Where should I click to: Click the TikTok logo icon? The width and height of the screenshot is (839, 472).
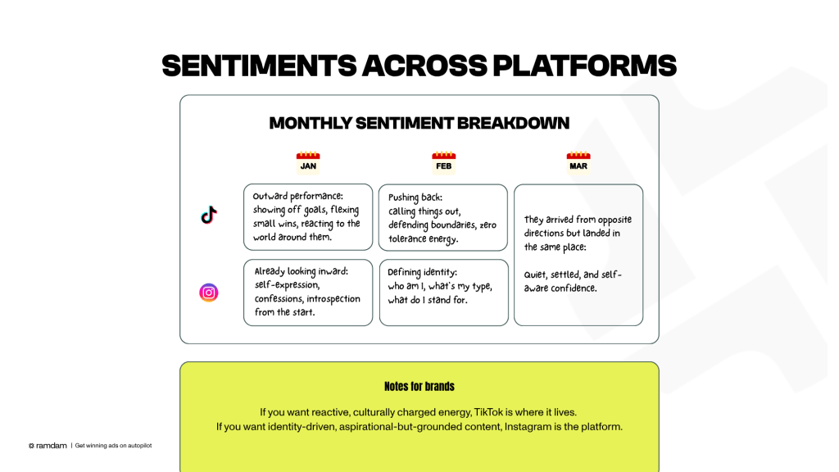[209, 215]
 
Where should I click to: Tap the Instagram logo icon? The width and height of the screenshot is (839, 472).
[209, 293]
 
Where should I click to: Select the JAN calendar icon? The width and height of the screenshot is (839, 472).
[308, 163]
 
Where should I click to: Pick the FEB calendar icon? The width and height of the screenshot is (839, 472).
[443, 163]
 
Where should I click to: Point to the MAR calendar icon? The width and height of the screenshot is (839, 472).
[578, 163]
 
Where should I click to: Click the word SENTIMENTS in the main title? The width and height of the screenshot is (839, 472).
[259, 66]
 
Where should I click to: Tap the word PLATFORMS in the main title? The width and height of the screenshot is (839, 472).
[584, 66]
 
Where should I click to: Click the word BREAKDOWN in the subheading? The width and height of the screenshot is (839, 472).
[513, 123]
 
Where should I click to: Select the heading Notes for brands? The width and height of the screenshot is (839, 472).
[419, 387]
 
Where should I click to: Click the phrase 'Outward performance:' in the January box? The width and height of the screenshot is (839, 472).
[298, 197]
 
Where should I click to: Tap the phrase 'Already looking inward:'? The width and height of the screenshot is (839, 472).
[302, 271]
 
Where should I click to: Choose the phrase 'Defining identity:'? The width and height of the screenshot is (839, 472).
[422, 272]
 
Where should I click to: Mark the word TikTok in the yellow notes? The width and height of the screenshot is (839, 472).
[488, 412]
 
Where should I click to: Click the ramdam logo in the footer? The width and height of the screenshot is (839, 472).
[48, 445]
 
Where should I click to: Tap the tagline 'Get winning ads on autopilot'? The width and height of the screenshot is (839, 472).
[113, 445]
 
